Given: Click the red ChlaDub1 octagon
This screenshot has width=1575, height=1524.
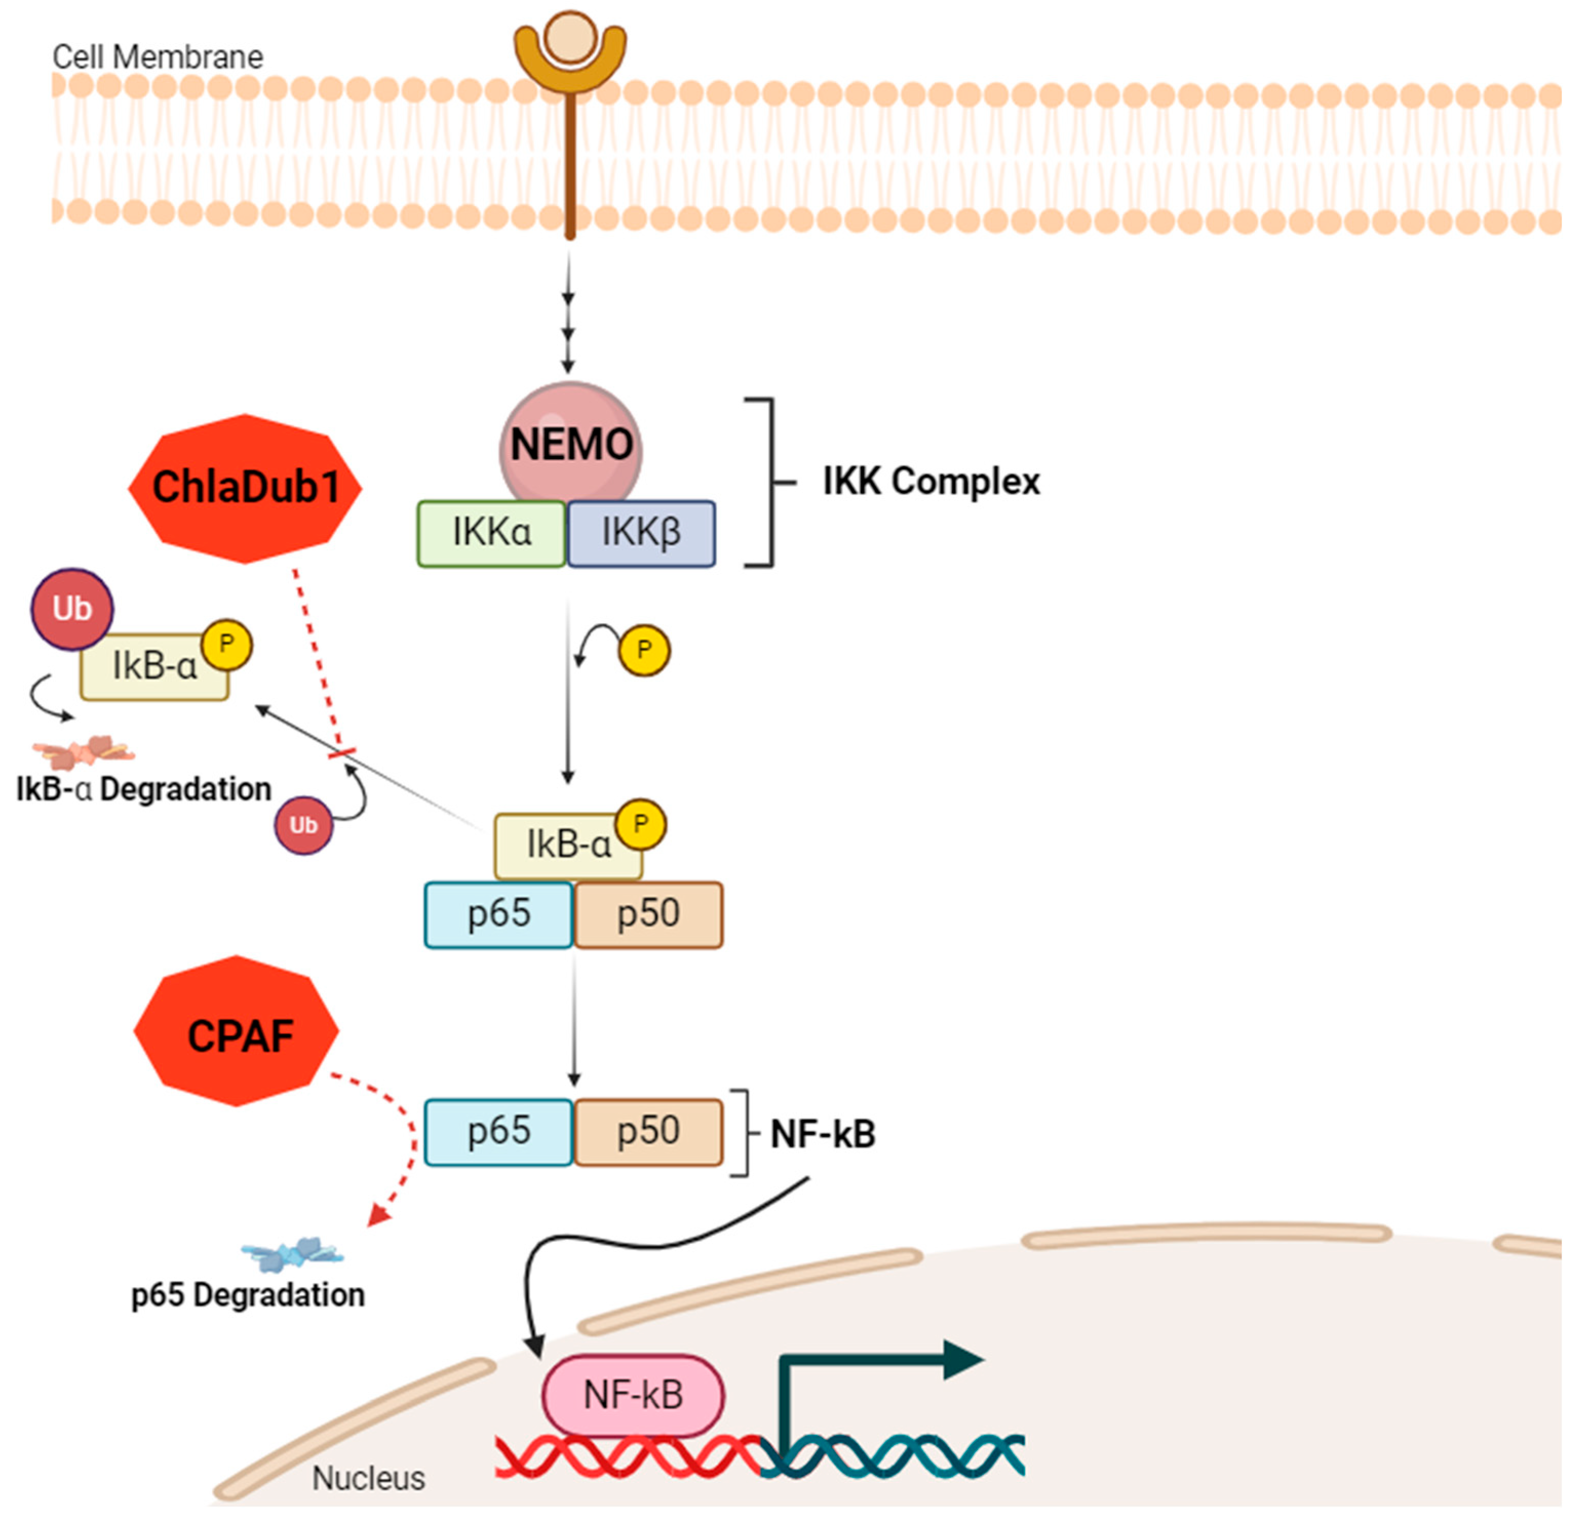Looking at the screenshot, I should [x=245, y=488].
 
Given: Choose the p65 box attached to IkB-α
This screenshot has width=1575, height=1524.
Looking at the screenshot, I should [x=499, y=914].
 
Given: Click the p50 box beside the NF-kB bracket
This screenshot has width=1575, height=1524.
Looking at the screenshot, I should [x=648, y=1131].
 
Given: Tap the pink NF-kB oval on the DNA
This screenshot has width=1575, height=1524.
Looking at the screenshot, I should [x=633, y=1395].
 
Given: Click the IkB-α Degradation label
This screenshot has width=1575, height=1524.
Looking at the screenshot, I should [x=144, y=789].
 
